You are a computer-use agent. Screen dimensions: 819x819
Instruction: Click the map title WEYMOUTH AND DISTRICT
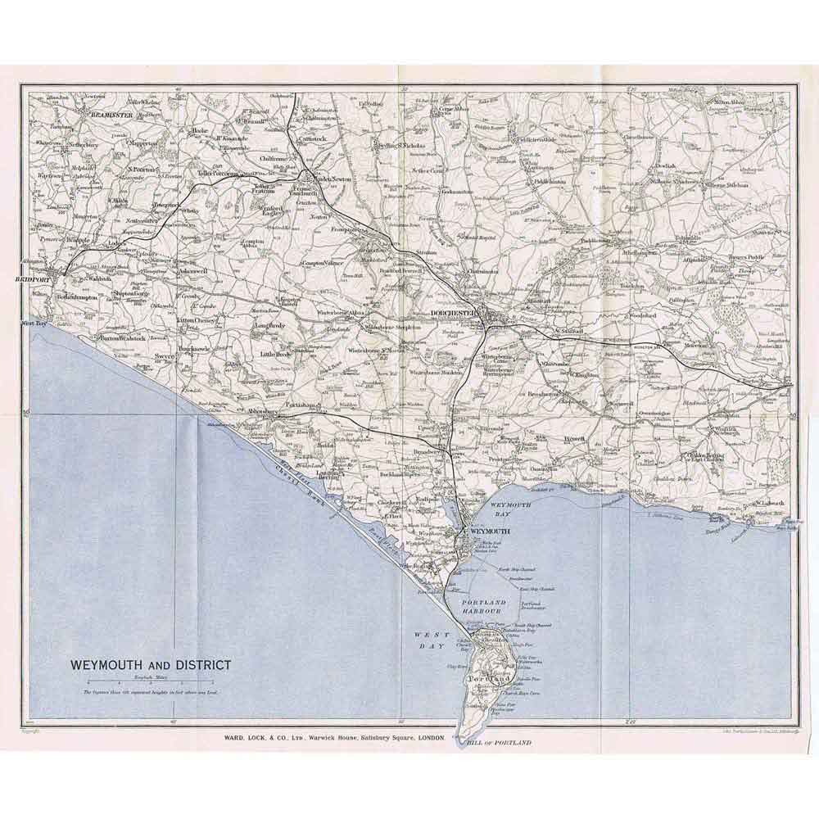click(150, 664)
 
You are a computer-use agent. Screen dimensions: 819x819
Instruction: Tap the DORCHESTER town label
click(453, 313)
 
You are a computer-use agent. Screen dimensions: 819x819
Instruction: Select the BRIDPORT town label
click(32, 279)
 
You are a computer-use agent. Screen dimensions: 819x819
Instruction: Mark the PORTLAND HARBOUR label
click(497, 607)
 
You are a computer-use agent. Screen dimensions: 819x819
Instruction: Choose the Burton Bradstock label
click(124, 337)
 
